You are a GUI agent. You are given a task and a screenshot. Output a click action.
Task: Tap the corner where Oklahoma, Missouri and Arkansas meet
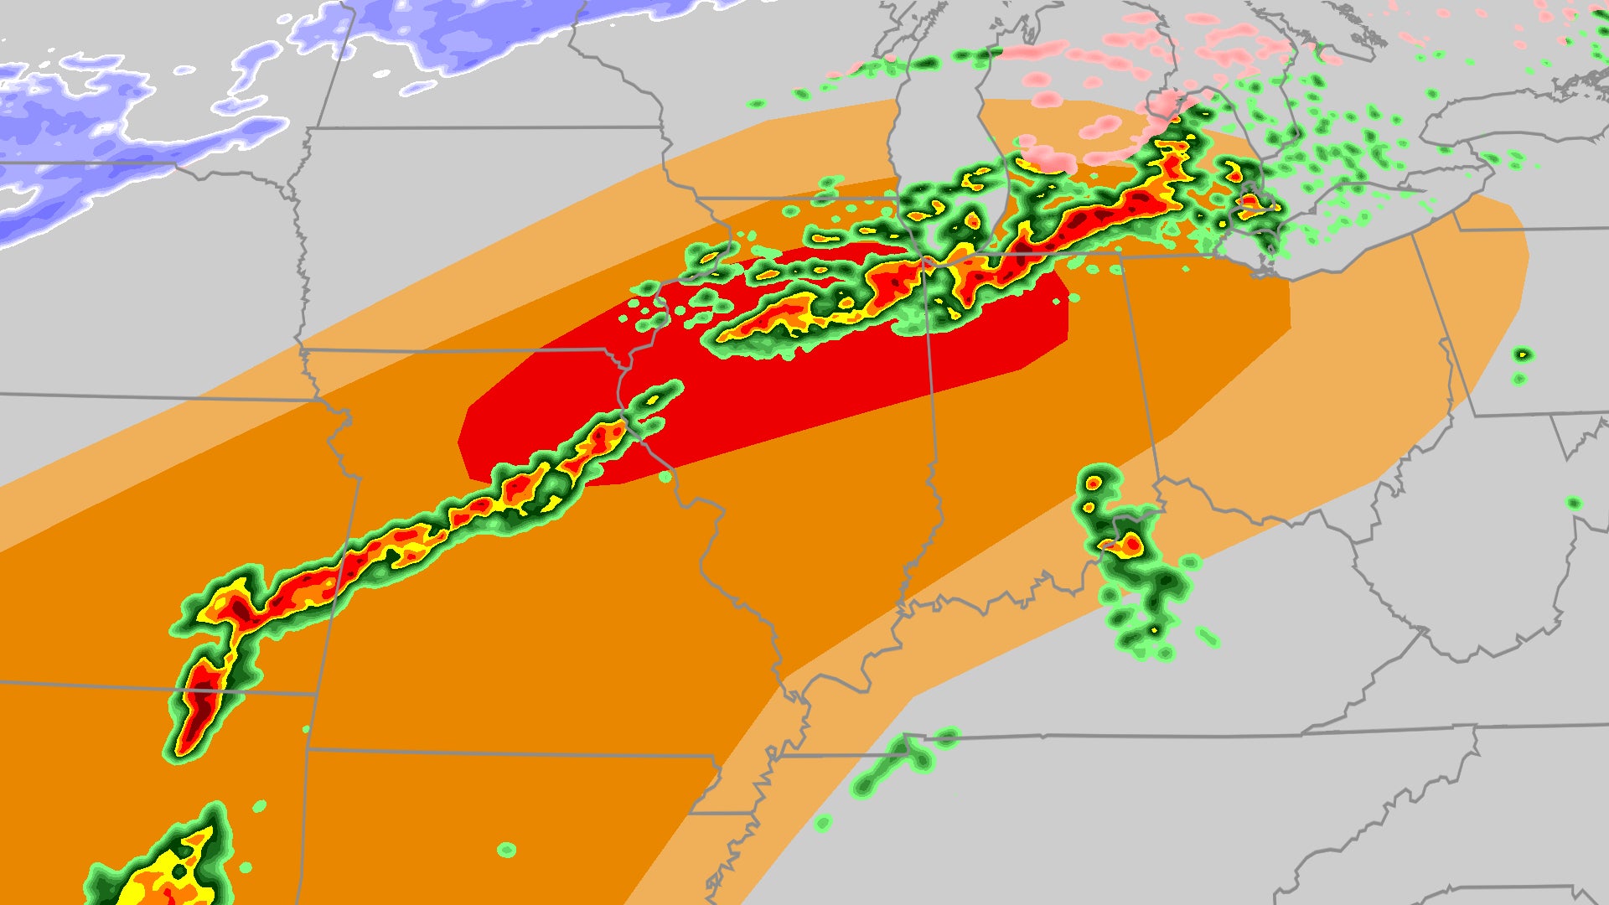click(x=308, y=749)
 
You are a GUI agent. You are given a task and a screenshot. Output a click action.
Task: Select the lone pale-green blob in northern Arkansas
click(x=506, y=850)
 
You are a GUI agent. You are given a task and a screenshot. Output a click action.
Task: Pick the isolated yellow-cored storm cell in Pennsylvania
click(x=1523, y=355)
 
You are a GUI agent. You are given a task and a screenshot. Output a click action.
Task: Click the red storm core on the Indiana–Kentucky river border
click(x=1131, y=546)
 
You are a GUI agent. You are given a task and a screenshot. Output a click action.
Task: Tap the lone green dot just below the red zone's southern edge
click(x=665, y=477)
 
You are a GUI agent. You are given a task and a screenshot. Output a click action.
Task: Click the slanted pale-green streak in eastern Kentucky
click(x=1207, y=637)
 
